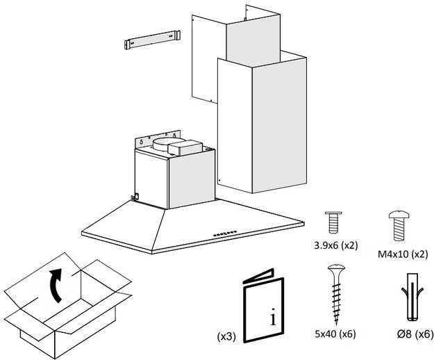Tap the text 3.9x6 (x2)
(335, 245)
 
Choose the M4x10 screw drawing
(399, 224)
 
